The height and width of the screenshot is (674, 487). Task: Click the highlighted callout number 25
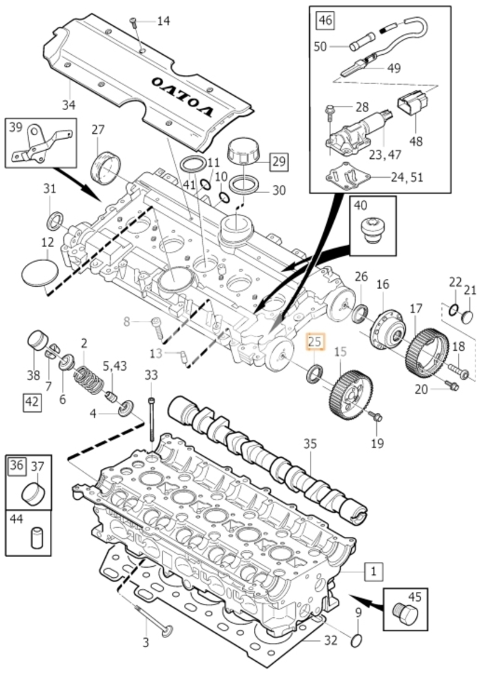315,342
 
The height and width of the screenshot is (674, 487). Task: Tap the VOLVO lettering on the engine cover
183,96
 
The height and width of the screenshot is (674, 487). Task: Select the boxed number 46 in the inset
326,20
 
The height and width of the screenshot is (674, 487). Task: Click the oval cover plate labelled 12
40,272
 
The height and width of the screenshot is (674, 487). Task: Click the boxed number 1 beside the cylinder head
373,572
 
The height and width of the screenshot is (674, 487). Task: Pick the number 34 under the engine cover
68,105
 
